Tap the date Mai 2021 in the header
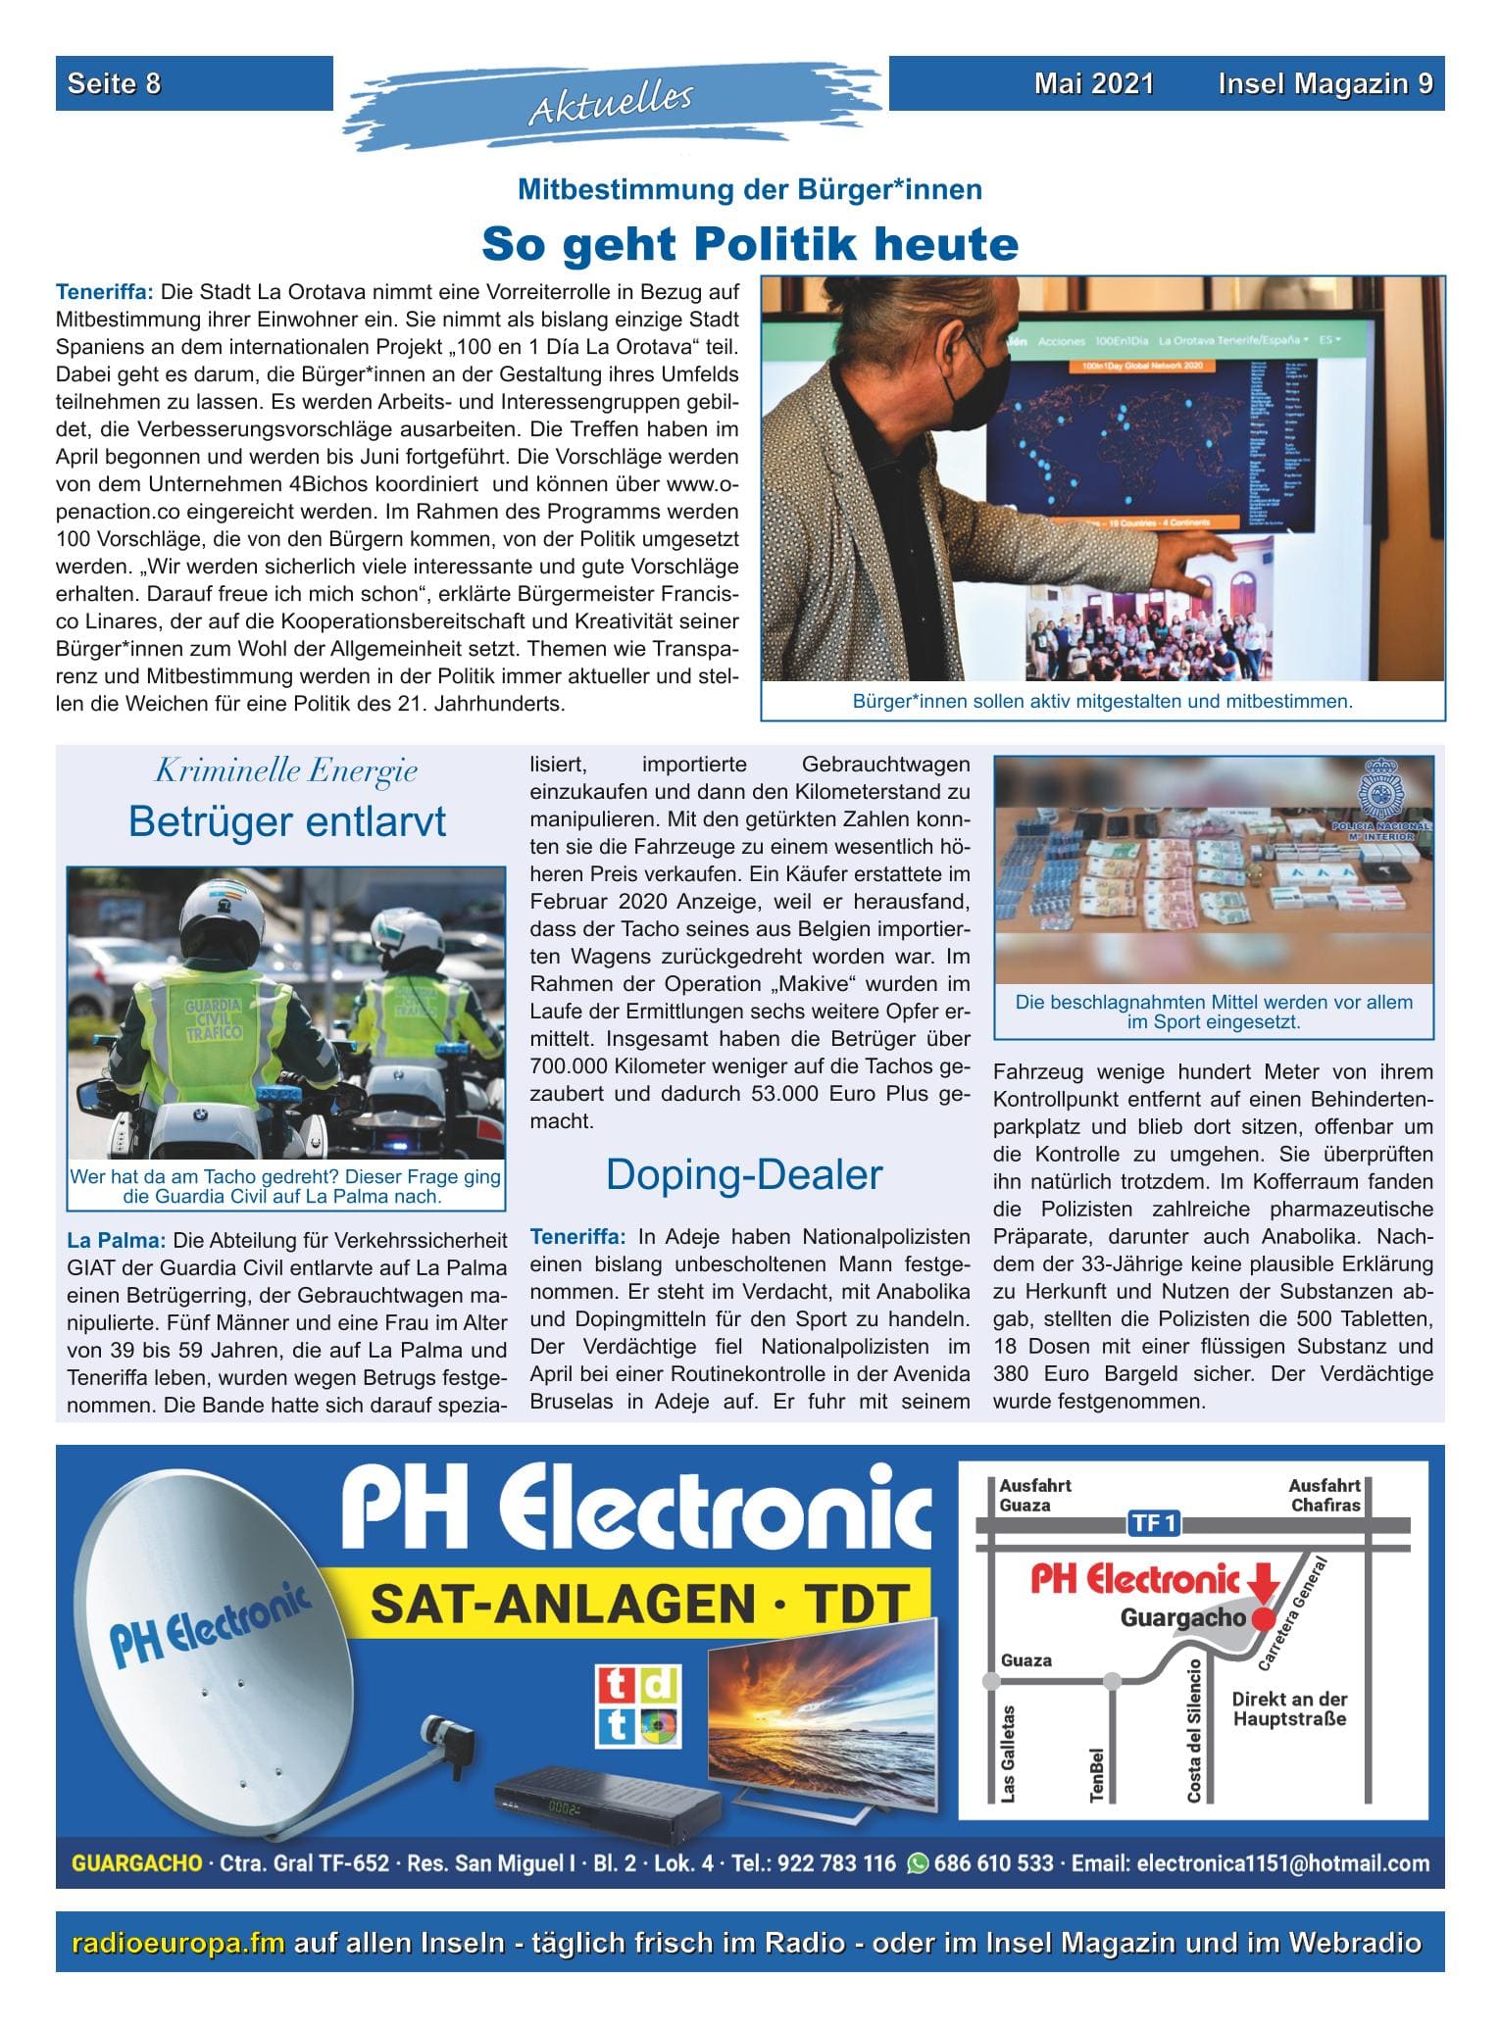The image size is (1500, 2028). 1093,84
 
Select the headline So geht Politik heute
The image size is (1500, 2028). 749,243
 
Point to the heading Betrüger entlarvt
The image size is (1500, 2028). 286,821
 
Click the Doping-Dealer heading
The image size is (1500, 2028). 744,1174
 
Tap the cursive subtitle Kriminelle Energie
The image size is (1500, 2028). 286,771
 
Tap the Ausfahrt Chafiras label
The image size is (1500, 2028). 1324,1495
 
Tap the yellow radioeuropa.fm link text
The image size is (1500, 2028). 178,1942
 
